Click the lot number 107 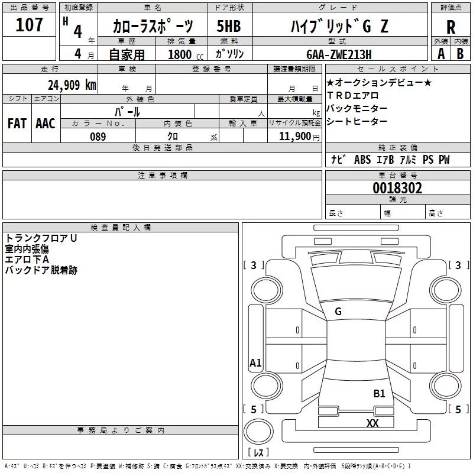(29, 25)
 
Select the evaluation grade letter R (451, 27)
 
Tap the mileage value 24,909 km (72, 85)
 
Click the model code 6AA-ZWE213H (339, 54)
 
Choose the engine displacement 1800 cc (182, 54)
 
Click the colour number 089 (98, 137)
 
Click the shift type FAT (17, 124)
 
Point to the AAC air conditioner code (46, 124)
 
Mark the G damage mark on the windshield (338, 312)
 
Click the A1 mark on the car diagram (255, 363)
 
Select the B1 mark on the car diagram (379, 393)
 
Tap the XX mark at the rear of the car (372, 423)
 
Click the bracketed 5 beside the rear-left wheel (254, 409)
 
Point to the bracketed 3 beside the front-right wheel (458, 265)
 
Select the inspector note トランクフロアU (41, 238)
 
